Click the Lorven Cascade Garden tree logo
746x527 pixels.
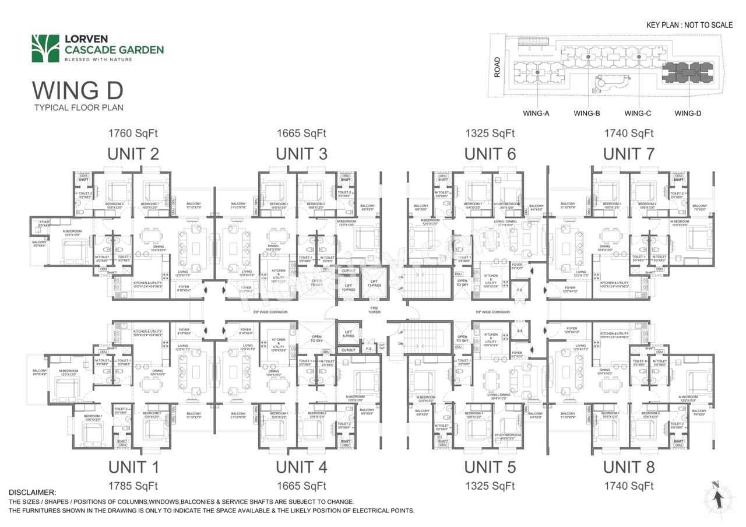[x=46, y=48]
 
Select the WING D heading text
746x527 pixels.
[x=78, y=91]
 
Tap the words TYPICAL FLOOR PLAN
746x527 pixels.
[x=78, y=108]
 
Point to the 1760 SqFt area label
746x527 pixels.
[x=133, y=133]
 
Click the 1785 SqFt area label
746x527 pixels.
[x=133, y=486]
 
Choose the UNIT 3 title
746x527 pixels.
[x=301, y=154]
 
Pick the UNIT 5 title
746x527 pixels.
[x=490, y=467]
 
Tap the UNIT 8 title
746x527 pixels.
[x=629, y=467]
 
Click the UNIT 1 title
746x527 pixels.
[x=133, y=467]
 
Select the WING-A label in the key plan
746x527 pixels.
[x=536, y=113]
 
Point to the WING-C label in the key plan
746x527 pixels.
[x=638, y=113]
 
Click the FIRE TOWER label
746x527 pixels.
[x=374, y=310]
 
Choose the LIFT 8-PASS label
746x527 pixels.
[x=348, y=335]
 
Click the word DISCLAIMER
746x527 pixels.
[x=32, y=493]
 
